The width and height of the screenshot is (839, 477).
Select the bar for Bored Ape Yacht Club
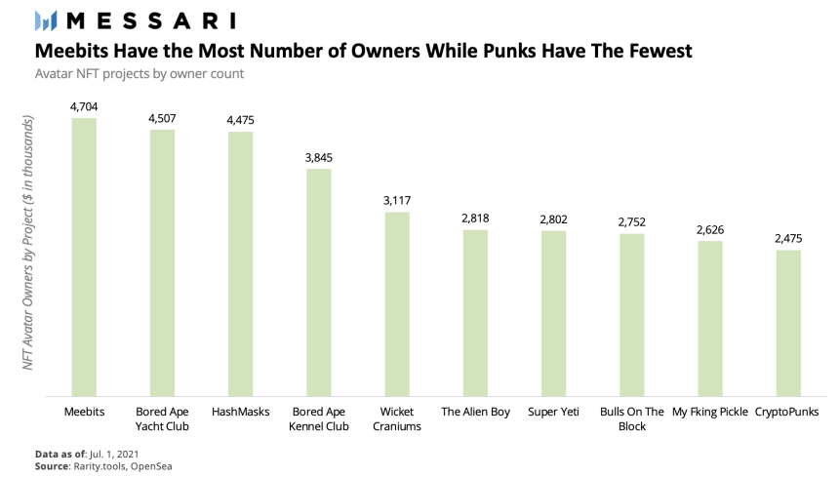162,262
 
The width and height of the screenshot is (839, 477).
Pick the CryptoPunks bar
788,323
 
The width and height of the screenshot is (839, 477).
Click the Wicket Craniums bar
397,303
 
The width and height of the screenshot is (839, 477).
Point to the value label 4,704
84,106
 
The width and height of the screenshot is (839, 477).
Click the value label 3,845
319,157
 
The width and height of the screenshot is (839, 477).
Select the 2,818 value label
475,219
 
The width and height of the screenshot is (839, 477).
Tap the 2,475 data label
788,238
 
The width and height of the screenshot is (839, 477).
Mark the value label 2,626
710,229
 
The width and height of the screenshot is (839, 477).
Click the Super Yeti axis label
553,412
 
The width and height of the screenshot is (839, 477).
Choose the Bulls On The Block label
632,418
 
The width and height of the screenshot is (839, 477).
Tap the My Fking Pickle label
710,412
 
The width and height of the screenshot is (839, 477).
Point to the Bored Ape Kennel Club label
319,418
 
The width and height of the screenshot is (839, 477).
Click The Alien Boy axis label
475,412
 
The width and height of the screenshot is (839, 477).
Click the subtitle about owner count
139,73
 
